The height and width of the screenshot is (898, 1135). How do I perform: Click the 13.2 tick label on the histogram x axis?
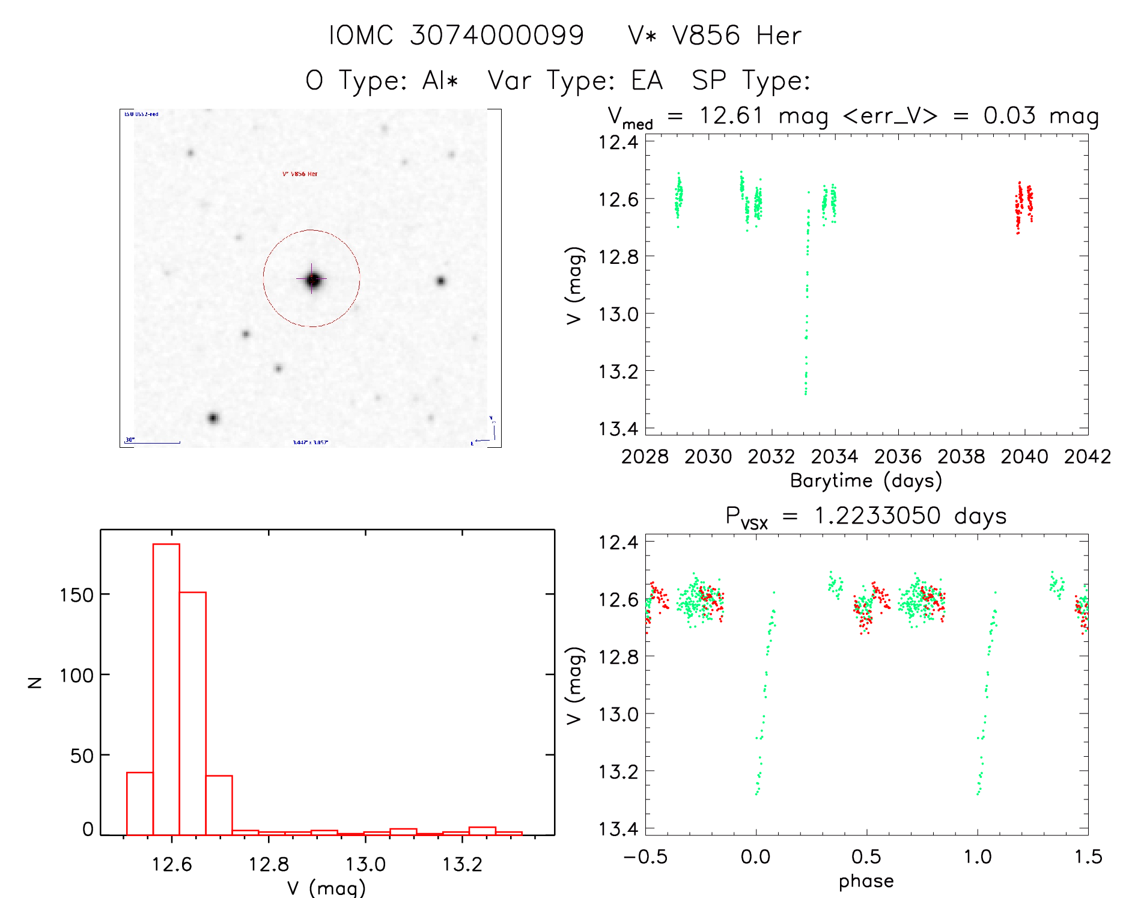462,864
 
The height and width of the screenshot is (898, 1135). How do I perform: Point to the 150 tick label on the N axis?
77,595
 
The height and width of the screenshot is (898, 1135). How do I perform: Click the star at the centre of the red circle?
312,279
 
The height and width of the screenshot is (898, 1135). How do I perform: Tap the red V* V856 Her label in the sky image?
300,174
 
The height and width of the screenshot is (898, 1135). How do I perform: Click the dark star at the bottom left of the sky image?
213,418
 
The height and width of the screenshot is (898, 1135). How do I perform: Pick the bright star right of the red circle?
440,281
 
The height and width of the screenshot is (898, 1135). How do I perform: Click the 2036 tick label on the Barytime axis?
898,457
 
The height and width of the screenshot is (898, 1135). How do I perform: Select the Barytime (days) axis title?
866,480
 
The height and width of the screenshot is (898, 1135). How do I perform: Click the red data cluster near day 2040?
1024,204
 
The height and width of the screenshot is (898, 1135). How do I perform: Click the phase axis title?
866,881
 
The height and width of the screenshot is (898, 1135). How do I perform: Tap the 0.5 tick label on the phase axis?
866,857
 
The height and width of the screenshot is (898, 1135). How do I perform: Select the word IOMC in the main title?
361,35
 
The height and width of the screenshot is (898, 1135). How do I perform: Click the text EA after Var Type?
647,81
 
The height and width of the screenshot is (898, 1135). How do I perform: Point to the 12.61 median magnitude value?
731,115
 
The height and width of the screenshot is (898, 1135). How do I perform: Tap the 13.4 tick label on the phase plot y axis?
618,829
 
